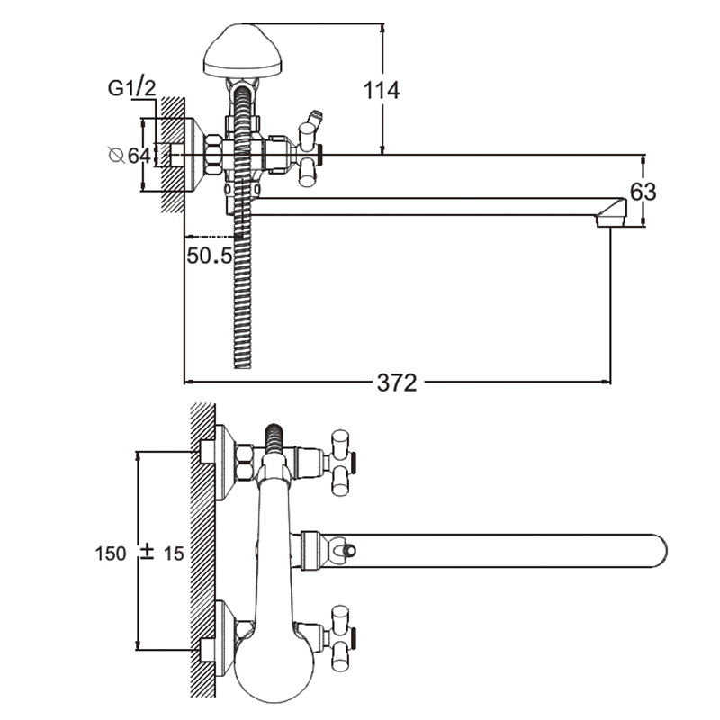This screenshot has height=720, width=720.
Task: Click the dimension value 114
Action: (382, 90)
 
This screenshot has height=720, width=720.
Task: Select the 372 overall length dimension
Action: (397, 382)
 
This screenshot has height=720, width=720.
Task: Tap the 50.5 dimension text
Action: (210, 255)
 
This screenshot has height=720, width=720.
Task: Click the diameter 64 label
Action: (130, 155)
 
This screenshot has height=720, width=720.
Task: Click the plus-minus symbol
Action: (148, 553)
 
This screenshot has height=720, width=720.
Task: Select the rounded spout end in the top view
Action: (655, 550)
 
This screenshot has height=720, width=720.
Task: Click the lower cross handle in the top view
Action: (341, 636)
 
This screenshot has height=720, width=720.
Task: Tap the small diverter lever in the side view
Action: (314, 119)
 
